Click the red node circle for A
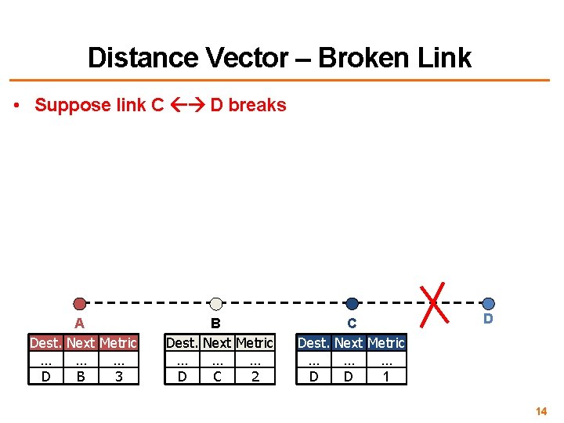coord(79,304)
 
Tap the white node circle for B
coord(216,304)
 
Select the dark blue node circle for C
coord(352,304)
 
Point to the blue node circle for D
coord(488,303)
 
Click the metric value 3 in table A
coord(118,377)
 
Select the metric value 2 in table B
coord(255,377)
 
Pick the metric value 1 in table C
coord(386,377)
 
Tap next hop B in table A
coord(81,377)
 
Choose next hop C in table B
coord(217,377)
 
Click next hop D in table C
coord(349,377)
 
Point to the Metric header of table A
coord(118,343)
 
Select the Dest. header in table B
coord(182,343)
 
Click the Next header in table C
coord(349,343)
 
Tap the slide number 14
coord(541,411)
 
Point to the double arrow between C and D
coord(187,105)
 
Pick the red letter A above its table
coord(79,323)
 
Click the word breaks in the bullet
coord(258,105)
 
